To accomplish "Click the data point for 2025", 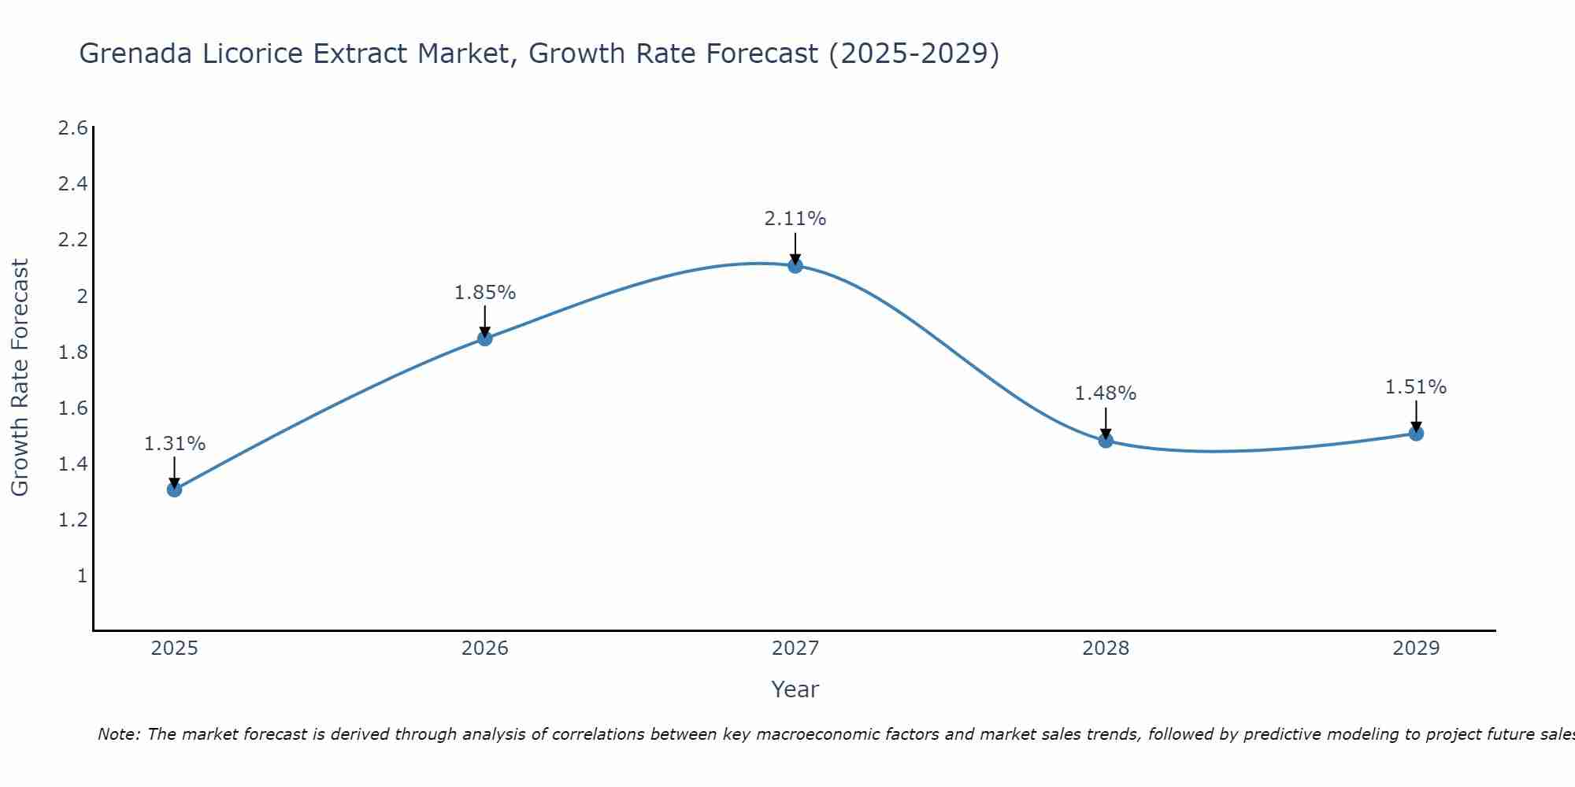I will coord(174,490).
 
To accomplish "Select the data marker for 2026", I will coord(485,338).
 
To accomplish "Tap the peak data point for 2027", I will coord(795,266).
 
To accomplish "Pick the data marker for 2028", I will coord(1106,441).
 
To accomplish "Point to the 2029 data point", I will coord(1416,434).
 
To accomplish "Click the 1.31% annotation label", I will coord(174,444).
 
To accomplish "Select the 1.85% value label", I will coord(485,293).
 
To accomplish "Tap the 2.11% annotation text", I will coord(795,219).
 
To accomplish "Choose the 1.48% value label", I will coord(1106,393).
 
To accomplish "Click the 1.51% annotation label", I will coord(1416,387).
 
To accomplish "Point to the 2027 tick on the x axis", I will coord(795,648).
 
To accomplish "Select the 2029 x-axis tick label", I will coord(1416,648).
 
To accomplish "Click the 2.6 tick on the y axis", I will coord(73,128).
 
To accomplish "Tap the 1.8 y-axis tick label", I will coord(73,352).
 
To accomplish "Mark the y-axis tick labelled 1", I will coord(82,576).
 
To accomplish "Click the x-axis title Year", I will coord(795,689).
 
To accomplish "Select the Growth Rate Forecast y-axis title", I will coord(20,378).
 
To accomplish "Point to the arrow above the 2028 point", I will coord(1106,422).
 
